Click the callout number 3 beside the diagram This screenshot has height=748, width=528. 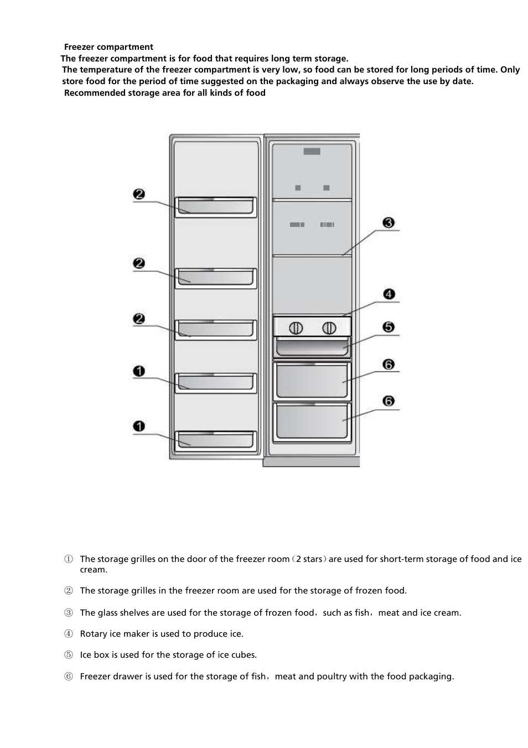click(389, 223)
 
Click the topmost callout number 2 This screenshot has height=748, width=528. click(139, 194)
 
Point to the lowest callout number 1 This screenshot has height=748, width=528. click(139, 426)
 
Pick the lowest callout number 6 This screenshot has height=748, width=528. click(389, 401)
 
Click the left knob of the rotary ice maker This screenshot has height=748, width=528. click(296, 328)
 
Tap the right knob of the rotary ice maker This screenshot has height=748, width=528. click(329, 328)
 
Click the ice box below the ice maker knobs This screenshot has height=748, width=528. click(313, 347)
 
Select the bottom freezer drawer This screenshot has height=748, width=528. click(313, 422)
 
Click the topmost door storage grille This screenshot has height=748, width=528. click(216, 207)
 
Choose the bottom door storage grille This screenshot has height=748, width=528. click(216, 440)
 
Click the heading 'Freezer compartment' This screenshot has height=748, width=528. click(108, 47)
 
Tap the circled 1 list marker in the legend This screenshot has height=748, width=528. click(68, 559)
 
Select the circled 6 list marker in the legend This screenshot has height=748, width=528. click(68, 677)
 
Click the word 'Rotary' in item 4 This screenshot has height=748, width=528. click(94, 634)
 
